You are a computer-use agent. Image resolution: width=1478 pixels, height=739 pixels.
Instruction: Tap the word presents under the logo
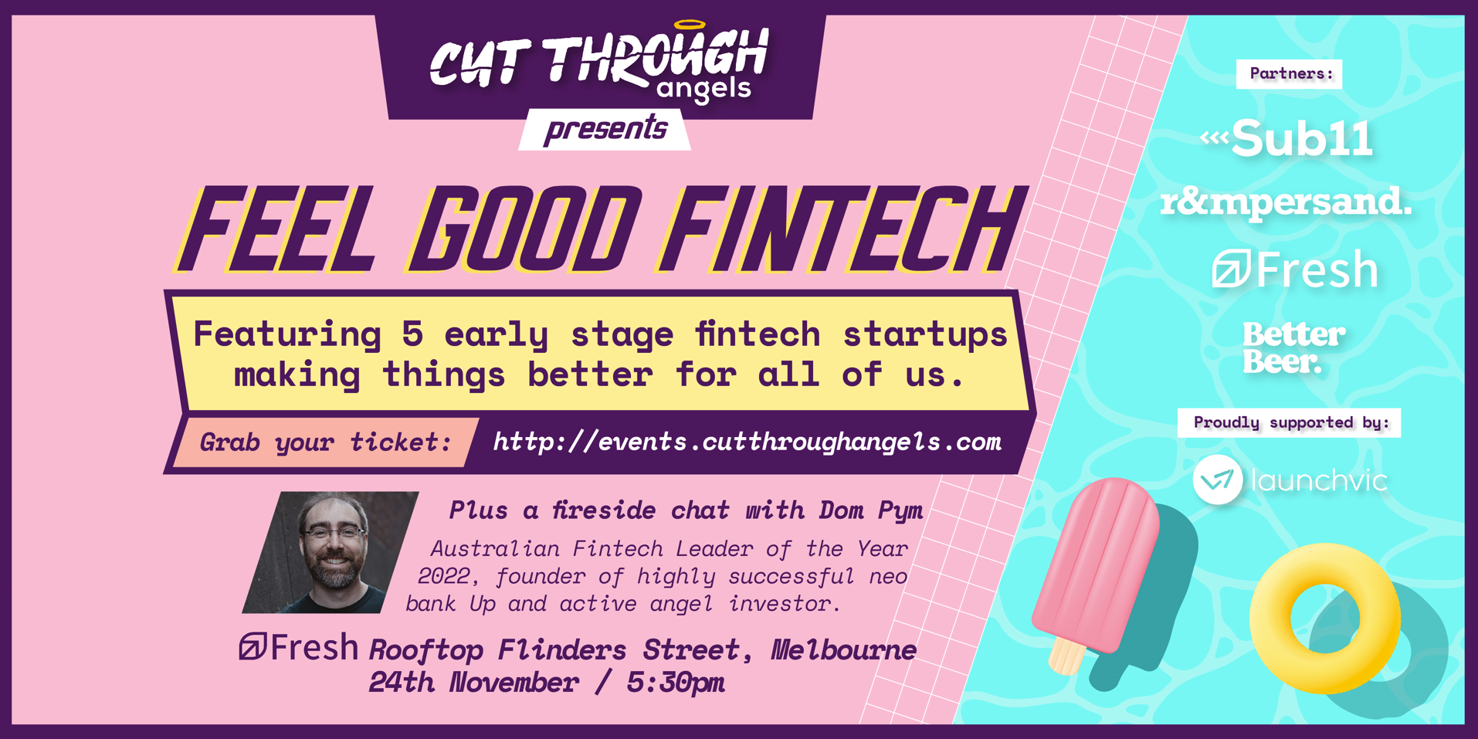pyautogui.click(x=605, y=129)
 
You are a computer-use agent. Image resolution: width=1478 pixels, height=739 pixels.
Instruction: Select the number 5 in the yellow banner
pyautogui.click(x=412, y=334)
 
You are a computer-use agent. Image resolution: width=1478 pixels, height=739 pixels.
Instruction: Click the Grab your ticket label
pyautogui.click(x=325, y=442)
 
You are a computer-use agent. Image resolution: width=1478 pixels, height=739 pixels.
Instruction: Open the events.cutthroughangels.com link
pyautogui.click(x=747, y=442)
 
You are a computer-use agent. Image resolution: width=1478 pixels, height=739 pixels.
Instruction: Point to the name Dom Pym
pyautogui.click(x=871, y=510)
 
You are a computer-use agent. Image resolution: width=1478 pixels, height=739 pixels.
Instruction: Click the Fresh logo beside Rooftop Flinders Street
pyautogui.click(x=298, y=647)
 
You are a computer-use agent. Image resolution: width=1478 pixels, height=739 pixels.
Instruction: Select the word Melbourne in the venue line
pyautogui.click(x=843, y=650)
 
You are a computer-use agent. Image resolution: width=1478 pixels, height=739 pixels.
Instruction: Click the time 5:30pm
pyautogui.click(x=675, y=683)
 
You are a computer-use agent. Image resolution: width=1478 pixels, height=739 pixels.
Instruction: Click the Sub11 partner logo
pyautogui.click(x=1286, y=139)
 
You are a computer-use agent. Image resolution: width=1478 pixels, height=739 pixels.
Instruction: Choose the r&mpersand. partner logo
pyautogui.click(x=1286, y=202)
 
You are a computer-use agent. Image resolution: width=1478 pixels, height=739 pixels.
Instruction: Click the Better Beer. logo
pyautogui.click(x=1293, y=347)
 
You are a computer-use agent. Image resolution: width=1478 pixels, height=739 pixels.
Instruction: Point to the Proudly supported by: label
pyautogui.click(x=1290, y=422)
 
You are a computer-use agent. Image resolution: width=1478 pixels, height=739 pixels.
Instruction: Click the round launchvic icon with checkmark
pyautogui.click(x=1218, y=480)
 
